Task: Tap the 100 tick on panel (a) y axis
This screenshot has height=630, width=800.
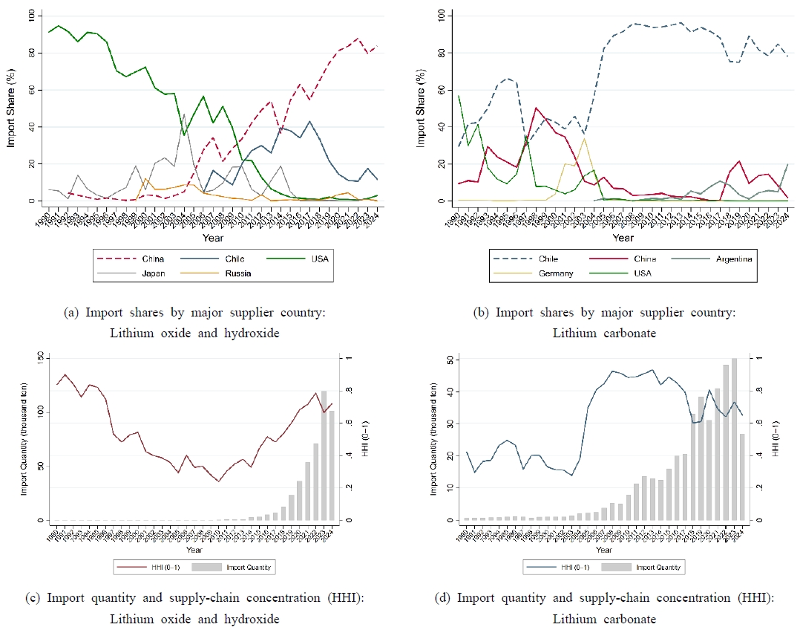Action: click(x=30, y=15)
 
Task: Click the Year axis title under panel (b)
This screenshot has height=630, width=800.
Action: click(x=623, y=238)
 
